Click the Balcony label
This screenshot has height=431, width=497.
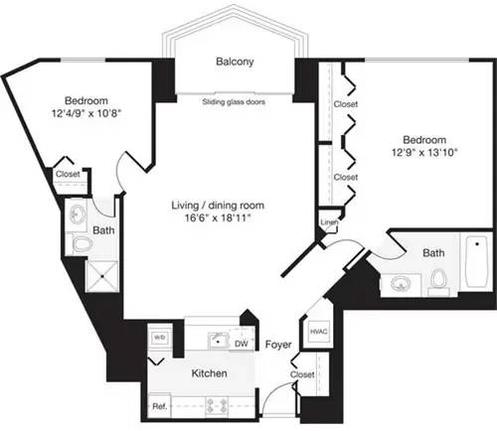point(235,63)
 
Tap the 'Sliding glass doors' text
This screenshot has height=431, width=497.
point(234,100)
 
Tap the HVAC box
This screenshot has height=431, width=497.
point(319,332)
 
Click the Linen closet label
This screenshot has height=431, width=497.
point(327,222)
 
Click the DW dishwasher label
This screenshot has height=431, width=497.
point(241,343)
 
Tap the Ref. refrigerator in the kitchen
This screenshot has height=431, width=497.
point(159,405)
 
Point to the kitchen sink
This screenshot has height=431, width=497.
point(220,342)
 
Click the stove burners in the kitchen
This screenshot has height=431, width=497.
point(216,404)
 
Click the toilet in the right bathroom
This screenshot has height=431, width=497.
point(436,281)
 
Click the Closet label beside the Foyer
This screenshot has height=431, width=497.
point(302,373)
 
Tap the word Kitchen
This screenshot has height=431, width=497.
point(210,373)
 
